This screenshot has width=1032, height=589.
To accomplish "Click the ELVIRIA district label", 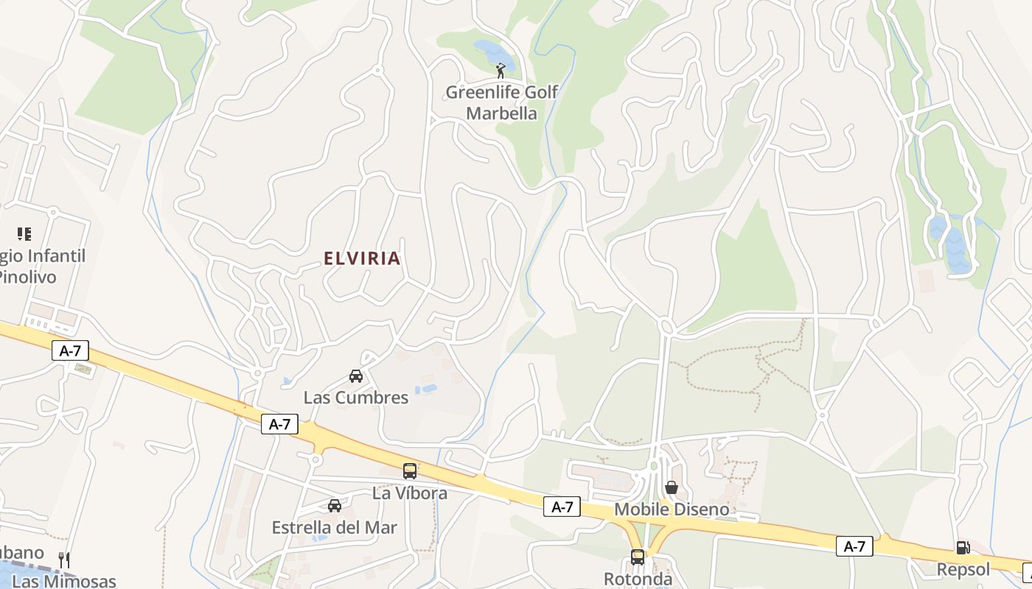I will click(362, 258).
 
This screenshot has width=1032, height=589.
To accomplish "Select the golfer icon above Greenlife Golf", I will click(501, 71).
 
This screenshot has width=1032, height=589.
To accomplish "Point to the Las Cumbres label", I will click(356, 398).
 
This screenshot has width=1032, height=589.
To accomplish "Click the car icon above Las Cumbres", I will click(356, 376).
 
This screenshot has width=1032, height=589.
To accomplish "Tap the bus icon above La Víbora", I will click(410, 471).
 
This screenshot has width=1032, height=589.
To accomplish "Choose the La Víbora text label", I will click(410, 493).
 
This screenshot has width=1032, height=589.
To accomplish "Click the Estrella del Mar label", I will click(334, 528).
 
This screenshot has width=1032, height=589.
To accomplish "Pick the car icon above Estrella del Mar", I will click(334, 506).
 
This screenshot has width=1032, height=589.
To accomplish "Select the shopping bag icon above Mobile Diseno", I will click(672, 487).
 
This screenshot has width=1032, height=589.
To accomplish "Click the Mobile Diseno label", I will click(672, 509).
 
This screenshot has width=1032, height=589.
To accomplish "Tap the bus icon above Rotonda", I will click(638, 557).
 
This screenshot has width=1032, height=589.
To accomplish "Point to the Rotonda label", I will click(638, 579).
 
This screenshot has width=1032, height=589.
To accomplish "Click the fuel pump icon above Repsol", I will click(963, 548).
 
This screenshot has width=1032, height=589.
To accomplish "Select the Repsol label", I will click(963, 570).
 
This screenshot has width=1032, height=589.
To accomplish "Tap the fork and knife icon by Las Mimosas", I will click(64, 560).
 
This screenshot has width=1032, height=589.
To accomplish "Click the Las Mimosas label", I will click(64, 581).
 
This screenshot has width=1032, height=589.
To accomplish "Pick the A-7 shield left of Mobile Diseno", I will click(562, 507).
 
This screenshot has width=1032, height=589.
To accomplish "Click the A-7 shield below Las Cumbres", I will click(279, 424).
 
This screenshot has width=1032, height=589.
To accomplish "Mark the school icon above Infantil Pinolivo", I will click(24, 234).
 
